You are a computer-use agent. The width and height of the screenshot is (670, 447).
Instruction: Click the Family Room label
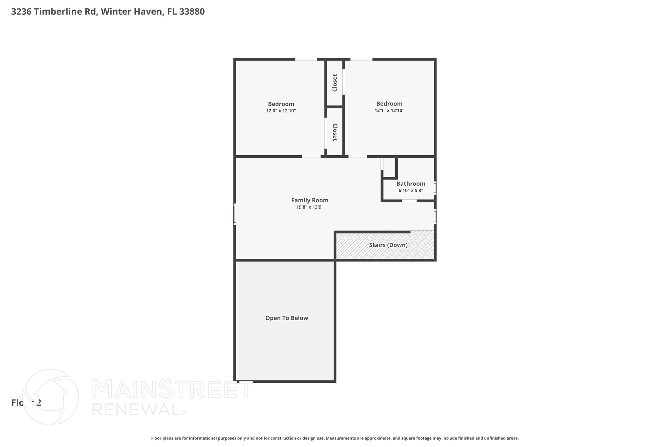[309, 200]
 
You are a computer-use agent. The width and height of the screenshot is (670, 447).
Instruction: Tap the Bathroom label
[411, 184]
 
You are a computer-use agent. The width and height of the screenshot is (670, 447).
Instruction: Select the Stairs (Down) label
[388, 245]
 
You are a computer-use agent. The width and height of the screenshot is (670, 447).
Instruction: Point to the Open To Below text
[287, 318]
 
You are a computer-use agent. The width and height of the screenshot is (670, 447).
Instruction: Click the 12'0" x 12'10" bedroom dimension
[281, 111]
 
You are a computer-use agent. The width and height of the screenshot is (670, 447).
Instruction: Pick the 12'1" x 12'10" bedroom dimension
[389, 111]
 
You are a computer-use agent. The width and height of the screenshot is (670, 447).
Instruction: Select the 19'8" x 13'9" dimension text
[309, 207]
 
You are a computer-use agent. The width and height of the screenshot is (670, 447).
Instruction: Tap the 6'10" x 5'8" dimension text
[411, 191]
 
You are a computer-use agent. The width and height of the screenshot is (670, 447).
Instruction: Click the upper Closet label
[335, 83]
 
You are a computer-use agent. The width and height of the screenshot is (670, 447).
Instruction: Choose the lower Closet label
[335, 132]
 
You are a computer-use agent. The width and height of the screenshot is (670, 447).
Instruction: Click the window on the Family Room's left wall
[235, 214]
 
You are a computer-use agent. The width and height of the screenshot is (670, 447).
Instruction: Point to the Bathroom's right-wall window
[435, 188]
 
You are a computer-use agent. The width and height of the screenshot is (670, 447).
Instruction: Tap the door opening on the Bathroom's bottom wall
[409, 201]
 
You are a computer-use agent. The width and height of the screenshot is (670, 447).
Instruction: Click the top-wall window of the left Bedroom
[306, 59]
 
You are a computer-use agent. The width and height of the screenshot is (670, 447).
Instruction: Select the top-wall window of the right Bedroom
[361, 59]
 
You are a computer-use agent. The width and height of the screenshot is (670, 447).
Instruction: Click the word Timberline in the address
[65, 12]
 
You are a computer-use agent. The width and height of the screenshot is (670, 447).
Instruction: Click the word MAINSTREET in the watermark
[172, 389]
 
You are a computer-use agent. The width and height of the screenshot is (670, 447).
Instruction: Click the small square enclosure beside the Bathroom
[389, 168]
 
